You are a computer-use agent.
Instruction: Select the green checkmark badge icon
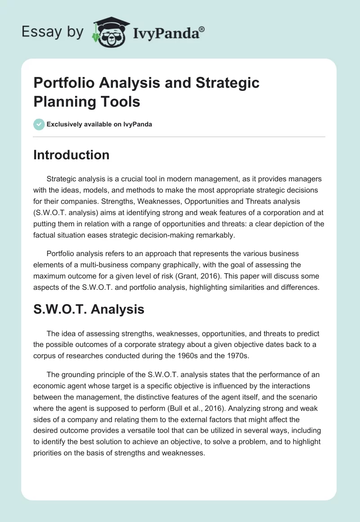(39, 124)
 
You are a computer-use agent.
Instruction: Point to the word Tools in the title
(119, 101)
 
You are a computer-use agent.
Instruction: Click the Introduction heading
(71, 155)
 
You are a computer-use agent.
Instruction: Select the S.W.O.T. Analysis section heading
(89, 309)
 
